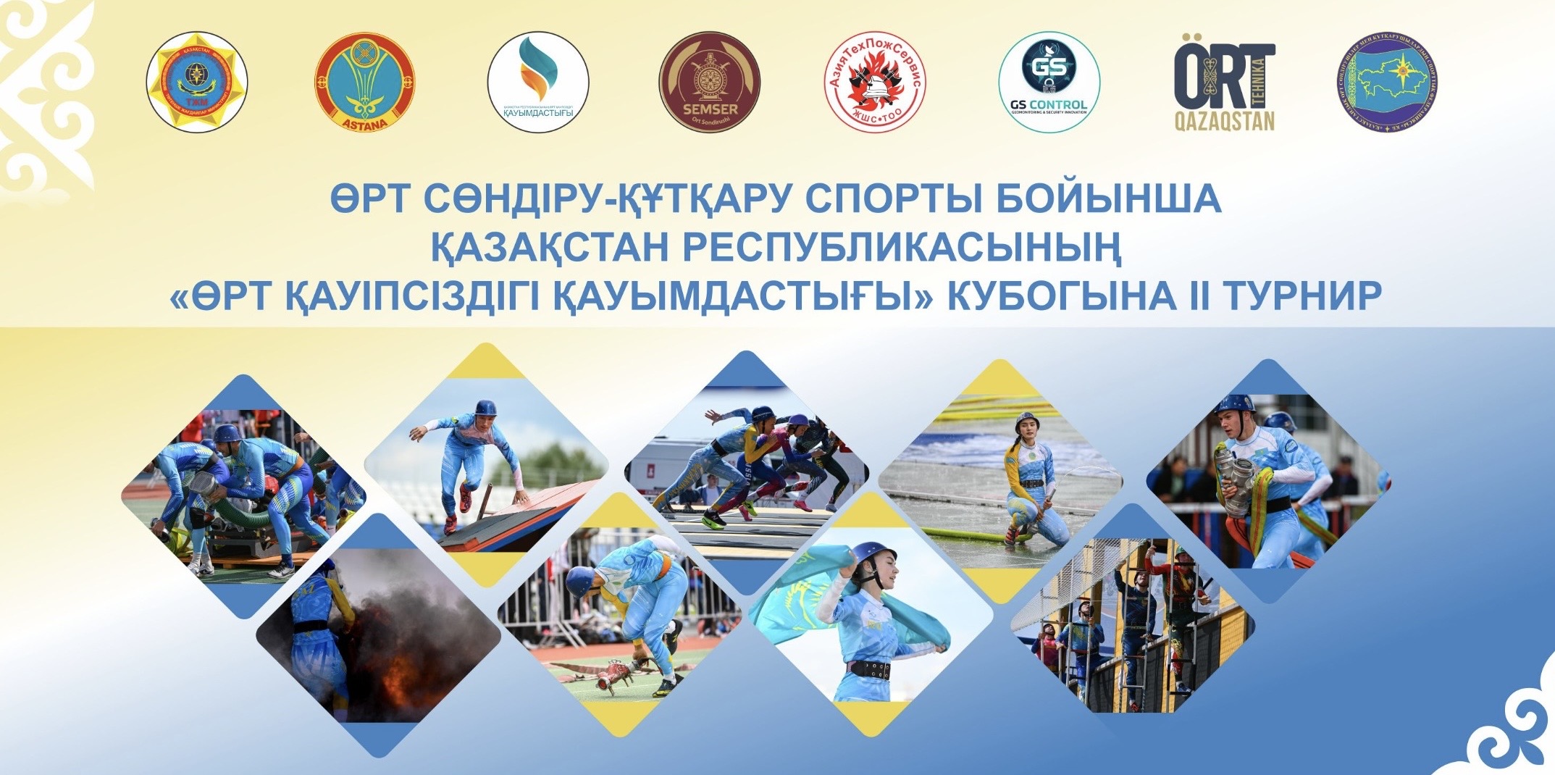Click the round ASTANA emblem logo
click(x=364, y=81)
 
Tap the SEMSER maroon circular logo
click(x=709, y=81)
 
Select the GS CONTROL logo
click(x=1049, y=81)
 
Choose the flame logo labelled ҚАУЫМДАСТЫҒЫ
click(x=537, y=81)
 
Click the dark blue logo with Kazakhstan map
click(x=1387, y=81)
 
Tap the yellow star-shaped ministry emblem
click(x=196, y=81)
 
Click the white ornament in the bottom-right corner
click(x=1514, y=732)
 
